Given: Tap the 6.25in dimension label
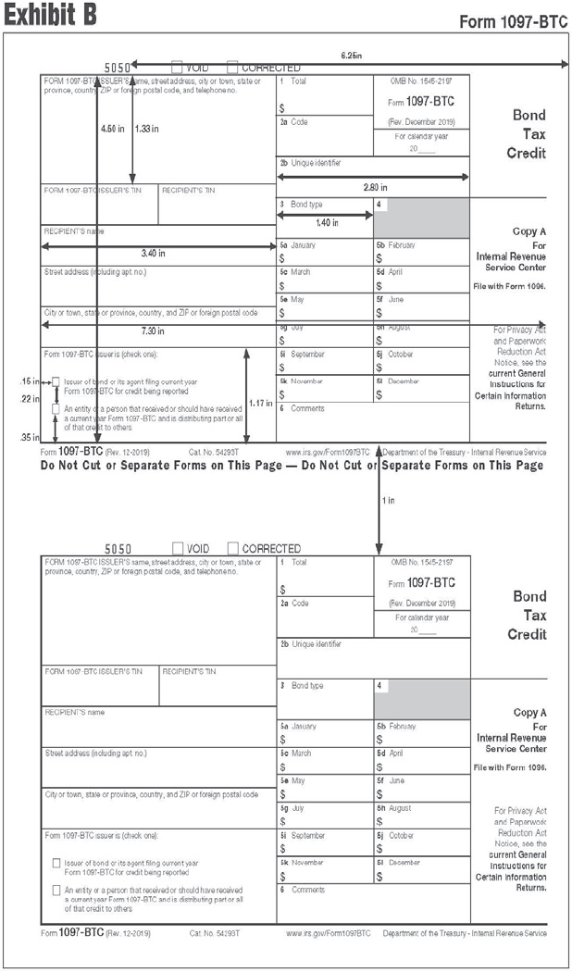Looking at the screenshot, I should coord(351,56).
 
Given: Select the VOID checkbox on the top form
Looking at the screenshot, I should coord(177,68).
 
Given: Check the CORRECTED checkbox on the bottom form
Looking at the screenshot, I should coord(232,549).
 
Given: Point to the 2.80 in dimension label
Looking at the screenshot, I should coord(375,187).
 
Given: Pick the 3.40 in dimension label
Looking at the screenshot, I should coord(154,253).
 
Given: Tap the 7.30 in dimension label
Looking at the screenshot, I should coord(152,330).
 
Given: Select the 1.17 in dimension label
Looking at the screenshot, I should coord(260,404).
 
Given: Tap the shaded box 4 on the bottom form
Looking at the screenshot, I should coord(421,700).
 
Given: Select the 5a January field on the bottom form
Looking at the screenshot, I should coord(324,733).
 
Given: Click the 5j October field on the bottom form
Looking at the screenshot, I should coord(421,842).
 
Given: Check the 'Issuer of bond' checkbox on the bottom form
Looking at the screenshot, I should coord(56,863).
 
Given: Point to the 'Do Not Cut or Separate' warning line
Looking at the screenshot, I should coord(292,466).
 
